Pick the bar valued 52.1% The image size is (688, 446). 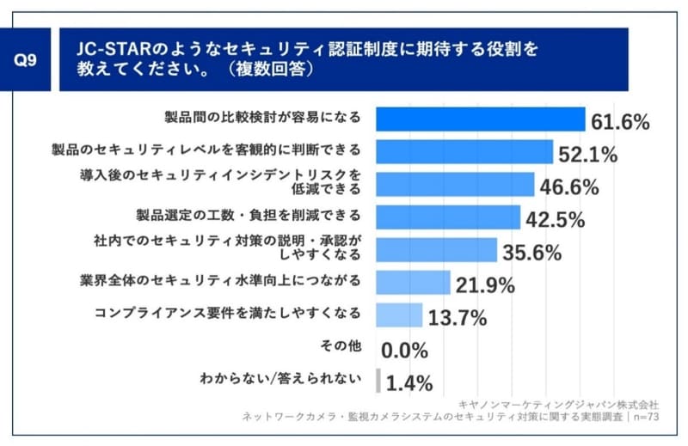[464, 151]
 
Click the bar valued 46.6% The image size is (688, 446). [455, 184]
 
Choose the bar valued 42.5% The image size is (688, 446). [448, 217]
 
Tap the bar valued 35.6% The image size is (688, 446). [437, 249]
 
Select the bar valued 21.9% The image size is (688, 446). [414, 282]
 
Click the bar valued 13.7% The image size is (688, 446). [400, 315]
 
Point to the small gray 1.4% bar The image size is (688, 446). [378, 380]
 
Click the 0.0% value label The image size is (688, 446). [405, 349]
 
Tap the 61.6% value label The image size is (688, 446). [619, 122]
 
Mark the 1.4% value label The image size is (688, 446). [409, 382]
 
